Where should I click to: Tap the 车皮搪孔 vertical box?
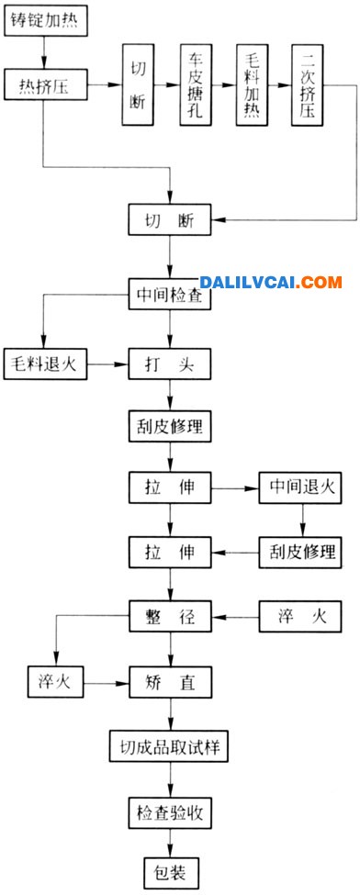pyautogui.click(x=194, y=88)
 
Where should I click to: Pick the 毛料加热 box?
pyautogui.click(x=251, y=88)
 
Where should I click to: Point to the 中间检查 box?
pyautogui.click(x=171, y=296)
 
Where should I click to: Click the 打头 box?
pyautogui.click(x=171, y=364)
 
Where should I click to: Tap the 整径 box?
pyautogui.click(x=171, y=614)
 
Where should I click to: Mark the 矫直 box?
pyautogui.click(x=171, y=683)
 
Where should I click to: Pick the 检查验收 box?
pyautogui.click(x=171, y=811)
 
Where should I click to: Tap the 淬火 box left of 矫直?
pyautogui.click(x=56, y=683)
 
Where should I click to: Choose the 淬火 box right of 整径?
pyautogui.click(x=300, y=614)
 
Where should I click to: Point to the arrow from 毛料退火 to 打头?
pyautogui.click(x=108, y=364)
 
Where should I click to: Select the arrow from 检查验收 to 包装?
pyautogui.click(x=171, y=842)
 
